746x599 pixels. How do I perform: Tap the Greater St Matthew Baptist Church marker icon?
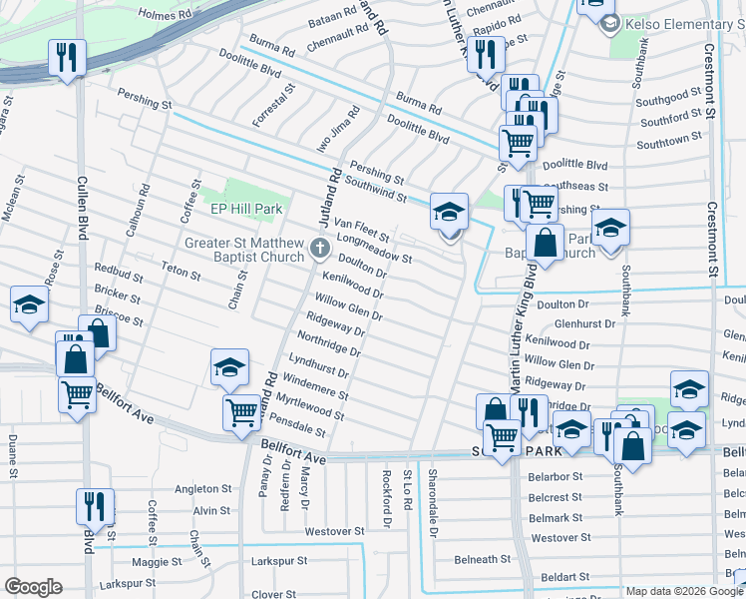[320, 248]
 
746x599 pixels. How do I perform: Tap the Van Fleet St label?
[361, 231]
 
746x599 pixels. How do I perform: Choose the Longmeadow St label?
[375, 250]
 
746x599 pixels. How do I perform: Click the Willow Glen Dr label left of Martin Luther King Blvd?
[349, 308]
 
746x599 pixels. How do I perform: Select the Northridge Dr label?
[329, 343]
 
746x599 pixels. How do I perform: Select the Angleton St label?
[202, 489]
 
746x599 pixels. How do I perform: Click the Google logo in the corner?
[33, 587]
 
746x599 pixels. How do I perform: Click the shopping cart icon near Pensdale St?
[241, 411]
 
